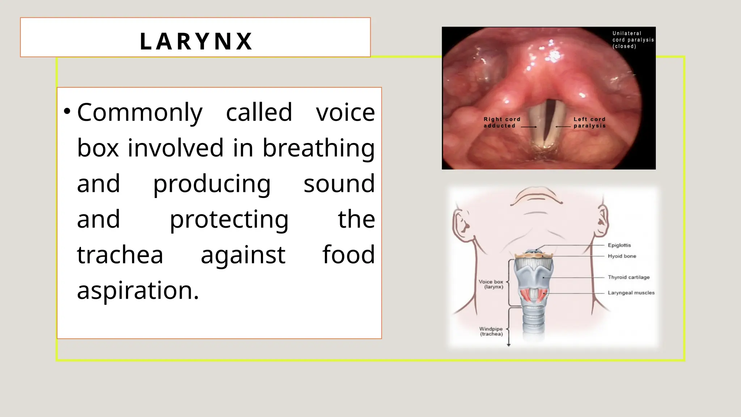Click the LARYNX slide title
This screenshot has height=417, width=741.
click(x=196, y=41)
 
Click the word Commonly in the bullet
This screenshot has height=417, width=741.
click(x=140, y=113)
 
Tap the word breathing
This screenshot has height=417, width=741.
click(x=318, y=148)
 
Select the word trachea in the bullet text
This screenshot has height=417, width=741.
click(x=120, y=255)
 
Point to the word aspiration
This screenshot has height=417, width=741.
click(x=138, y=290)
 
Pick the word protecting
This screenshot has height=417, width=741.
click(x=229, y=219)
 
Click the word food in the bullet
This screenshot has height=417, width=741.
click(x=348, y=254)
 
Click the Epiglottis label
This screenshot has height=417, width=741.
click(x=619, y=245)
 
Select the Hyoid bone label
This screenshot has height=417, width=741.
click(x=622, y=256)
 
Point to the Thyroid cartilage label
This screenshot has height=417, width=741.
click(x=628, y=277)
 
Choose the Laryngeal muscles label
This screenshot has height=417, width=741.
click(x=631, y=293)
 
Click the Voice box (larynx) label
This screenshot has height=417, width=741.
click(x=491, y=284)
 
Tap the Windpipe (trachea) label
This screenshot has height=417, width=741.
click(x=491, y=331)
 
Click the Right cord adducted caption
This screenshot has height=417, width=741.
click(x=502, y=122)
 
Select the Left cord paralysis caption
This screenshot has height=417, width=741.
click(x=589, y=122)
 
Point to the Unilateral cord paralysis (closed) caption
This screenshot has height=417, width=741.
click(x=633, y=40)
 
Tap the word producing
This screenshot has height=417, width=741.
click(x=212, y=184)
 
